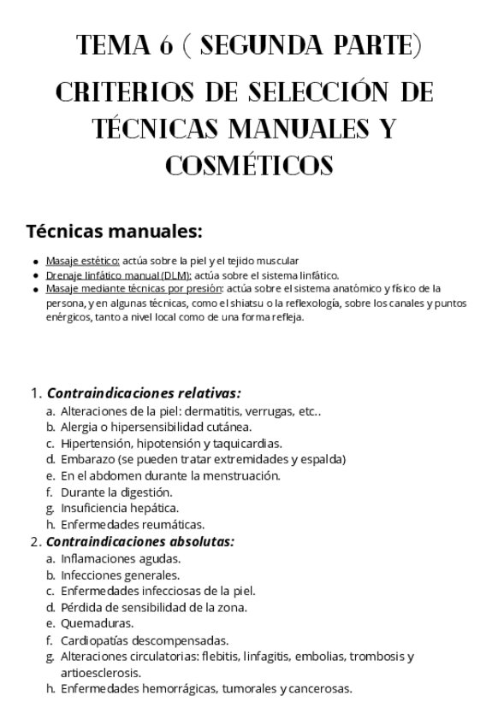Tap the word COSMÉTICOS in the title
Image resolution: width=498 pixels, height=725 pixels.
tap(248, 165)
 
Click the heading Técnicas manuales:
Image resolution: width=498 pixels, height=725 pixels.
tap(114, 232)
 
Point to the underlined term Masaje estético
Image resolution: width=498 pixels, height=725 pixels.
tap(82, 261)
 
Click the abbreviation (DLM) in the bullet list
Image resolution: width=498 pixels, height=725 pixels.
tap(176, 275)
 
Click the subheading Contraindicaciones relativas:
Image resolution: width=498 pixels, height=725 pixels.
tap(143, 394)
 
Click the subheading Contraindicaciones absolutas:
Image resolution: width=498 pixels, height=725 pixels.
tap(139, 541)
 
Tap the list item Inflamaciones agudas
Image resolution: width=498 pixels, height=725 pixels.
tap(120, 558)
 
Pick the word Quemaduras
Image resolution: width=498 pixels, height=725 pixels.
tap(97, 624)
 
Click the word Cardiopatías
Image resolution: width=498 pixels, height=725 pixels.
tap(98, 640)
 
